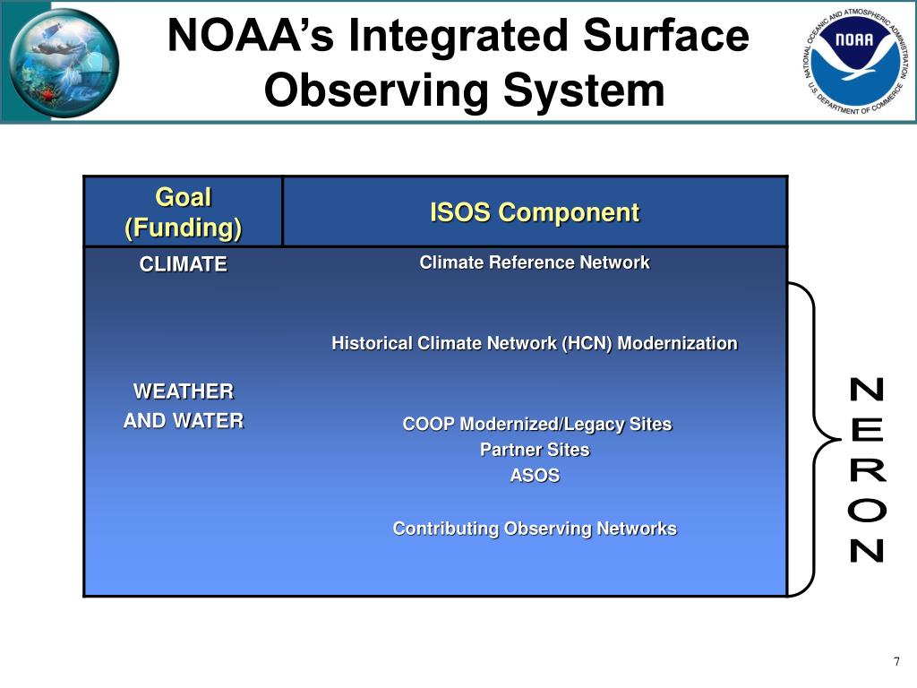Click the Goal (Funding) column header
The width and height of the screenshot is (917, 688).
pos(183,212)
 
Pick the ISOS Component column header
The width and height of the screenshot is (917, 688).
pos(535,212)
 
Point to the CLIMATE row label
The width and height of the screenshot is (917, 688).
pos(183,264)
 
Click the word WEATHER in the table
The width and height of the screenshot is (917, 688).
pos(183,391)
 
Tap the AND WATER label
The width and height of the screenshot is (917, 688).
pos(183,420)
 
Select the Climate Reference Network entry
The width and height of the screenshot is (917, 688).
pos(535,262)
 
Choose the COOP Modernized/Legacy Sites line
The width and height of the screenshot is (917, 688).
pos(536,424)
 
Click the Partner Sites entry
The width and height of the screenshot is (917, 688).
pos(535,450)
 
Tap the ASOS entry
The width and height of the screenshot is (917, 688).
pos(535,476)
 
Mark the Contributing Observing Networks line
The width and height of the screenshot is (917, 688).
pos(535,529)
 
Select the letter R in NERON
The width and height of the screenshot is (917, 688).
pos(866,470)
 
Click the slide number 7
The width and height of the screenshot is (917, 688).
pos(896,662)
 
